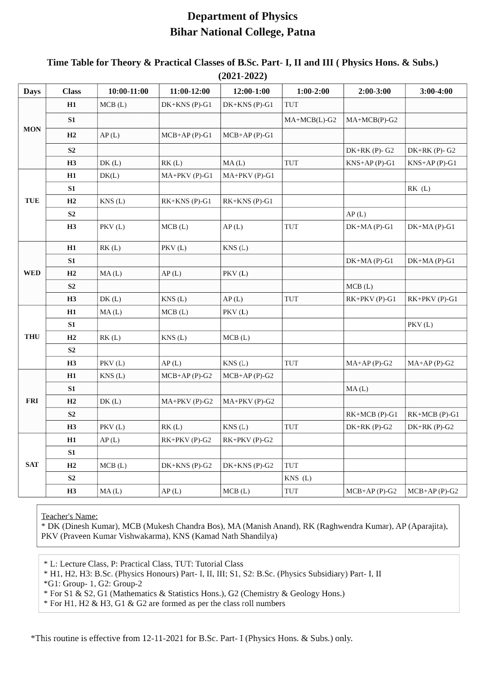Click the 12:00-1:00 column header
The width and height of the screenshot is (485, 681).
pos(251,91)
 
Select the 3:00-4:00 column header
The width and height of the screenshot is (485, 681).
pos(436,91)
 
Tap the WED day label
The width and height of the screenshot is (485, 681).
pos(32,273)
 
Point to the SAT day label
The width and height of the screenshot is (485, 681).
pos(32,465)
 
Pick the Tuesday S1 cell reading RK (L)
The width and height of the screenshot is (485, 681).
pos(419,189)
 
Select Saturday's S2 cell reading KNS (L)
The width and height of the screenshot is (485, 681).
pos(298,478)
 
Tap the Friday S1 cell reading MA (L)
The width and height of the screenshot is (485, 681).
pos(357,389)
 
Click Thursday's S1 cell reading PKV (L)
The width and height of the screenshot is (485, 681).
pos(420,325)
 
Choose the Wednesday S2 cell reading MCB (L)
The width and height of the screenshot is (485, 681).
pos(359,286)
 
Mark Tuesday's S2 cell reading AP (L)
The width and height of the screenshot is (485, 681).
pos(356,214)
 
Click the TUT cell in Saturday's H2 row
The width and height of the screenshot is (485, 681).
pos(291,466)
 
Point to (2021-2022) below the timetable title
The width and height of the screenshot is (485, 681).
pos(242,76)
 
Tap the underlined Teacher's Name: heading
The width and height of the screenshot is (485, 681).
pos(70,516)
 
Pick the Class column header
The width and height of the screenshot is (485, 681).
pos(71,91)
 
